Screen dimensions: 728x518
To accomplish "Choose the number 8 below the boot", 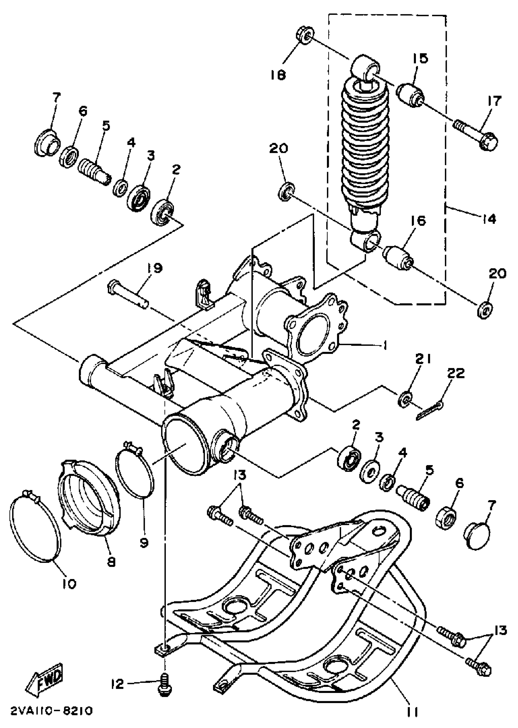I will (x=111, y=563).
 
